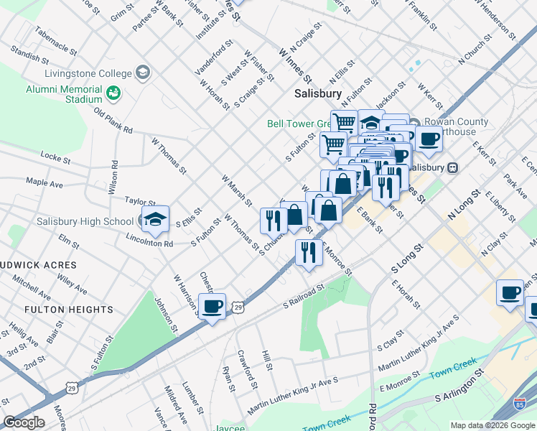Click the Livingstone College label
point(88,73)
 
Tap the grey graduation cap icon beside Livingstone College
point(144,73)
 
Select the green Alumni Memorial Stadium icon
point(113,93)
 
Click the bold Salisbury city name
point(318,94)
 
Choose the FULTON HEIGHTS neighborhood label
point(69,310)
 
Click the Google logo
point(23,422)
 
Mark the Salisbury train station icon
point(452,167)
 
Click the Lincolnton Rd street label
point(148,244)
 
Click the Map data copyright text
point(492,425)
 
